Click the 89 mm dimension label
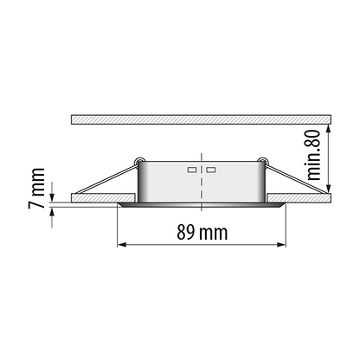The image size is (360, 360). [202, 233]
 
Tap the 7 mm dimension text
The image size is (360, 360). [36, 188]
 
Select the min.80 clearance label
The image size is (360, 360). [313, 155]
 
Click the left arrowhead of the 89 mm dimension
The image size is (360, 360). [122, 245]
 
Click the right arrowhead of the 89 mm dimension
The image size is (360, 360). [281, 245]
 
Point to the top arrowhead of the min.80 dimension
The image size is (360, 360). [328, 129]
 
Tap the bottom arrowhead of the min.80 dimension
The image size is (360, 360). [328, 189]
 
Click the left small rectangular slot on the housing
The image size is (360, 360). [192, 170]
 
